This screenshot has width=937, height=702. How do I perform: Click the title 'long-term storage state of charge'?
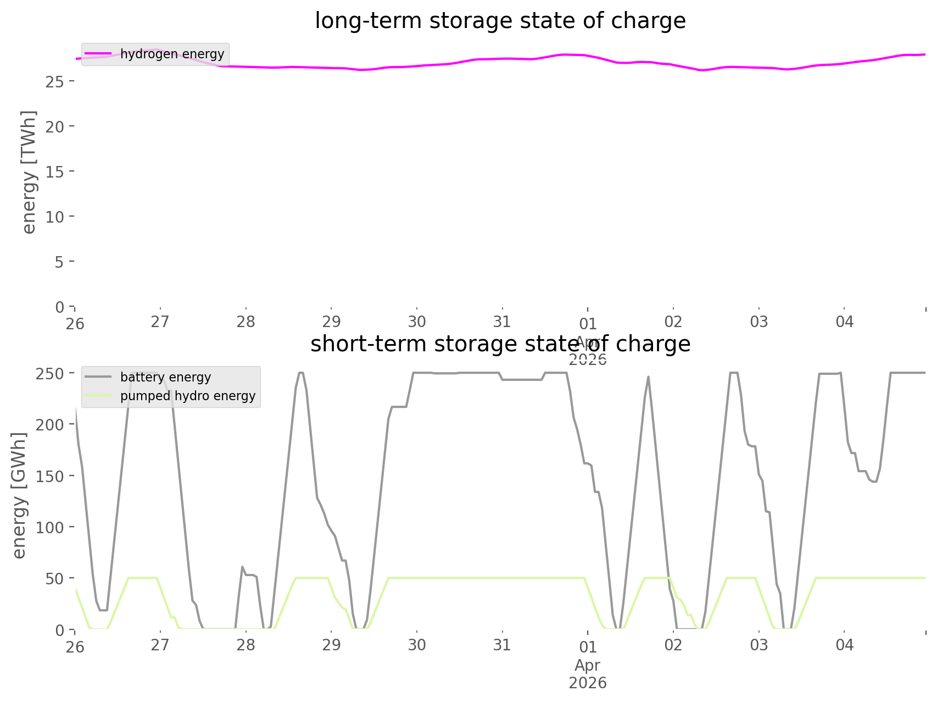click(500, 21)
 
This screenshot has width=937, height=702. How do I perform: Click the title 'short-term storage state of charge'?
click(500, 344)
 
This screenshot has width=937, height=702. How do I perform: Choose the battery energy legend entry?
click(165, 377)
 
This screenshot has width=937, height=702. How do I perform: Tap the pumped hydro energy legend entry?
click(187, 396)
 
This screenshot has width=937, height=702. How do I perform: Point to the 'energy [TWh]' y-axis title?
click(29, 172)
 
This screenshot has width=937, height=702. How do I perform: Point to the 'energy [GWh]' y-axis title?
click(19, 496)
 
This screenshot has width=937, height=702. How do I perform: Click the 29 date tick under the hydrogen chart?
click(331, 322)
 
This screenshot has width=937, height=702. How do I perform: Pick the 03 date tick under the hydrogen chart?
click(759, 322)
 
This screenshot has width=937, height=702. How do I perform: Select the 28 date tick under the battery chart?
click(246, 645)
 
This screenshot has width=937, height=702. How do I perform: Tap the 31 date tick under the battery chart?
click(502, 645)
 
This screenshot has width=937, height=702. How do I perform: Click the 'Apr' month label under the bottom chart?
click(588, 665)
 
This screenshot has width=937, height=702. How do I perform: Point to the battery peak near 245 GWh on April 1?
click(649, 377)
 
